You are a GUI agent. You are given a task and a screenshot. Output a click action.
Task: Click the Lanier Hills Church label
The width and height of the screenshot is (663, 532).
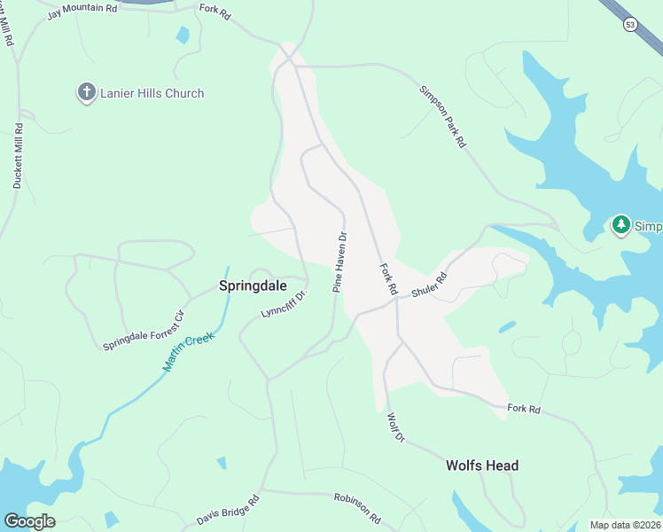coord(152,93)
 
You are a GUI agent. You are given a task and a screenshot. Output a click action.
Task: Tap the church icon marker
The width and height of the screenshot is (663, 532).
coord(86,92)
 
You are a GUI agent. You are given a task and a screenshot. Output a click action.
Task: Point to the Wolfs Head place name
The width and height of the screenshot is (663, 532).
coord(481,465)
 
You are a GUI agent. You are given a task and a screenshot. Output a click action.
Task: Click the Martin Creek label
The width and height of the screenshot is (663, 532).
coord(189,353)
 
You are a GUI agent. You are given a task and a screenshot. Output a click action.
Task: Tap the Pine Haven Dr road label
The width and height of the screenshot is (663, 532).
coord(339,262)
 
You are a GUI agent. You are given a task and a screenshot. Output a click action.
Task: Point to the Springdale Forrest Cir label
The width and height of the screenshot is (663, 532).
coord(144,330)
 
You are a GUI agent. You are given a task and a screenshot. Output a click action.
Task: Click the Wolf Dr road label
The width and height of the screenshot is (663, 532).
coord(396,426)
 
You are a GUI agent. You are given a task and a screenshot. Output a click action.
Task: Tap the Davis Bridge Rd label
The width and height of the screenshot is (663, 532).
coord(228,508)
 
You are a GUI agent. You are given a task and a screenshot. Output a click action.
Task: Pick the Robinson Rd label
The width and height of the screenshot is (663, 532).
coord(357,507)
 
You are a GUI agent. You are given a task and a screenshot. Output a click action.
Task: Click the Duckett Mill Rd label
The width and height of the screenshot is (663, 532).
coord(18,157)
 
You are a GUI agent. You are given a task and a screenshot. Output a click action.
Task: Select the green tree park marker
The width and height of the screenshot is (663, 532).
coord(621,225)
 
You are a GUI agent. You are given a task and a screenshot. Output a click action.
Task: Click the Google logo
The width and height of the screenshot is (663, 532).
coord(29,521)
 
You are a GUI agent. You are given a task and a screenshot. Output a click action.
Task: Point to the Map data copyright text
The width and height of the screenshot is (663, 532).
coord(625,525)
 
